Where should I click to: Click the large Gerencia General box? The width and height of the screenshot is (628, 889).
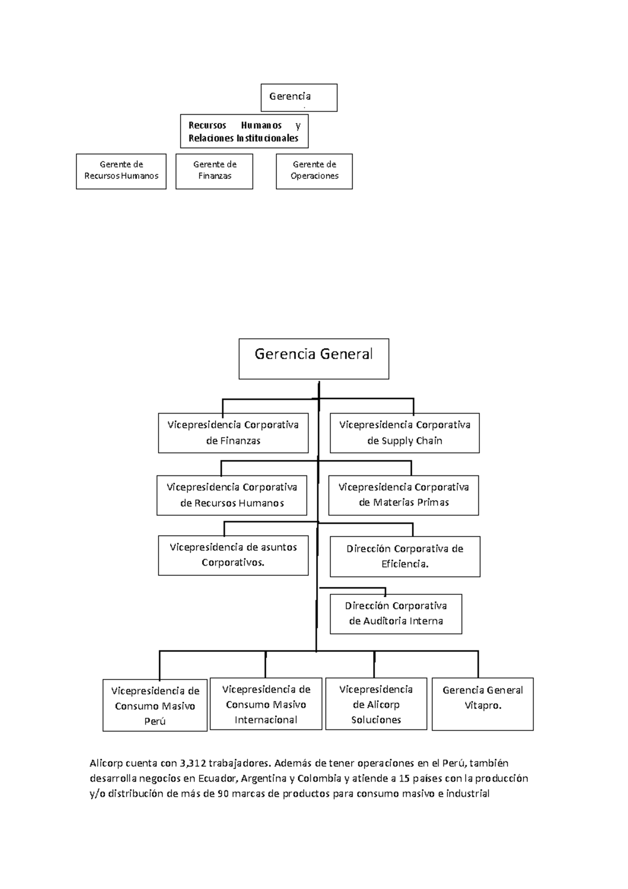pos(313,359)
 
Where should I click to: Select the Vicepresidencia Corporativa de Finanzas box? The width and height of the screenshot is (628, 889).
pos(233,433)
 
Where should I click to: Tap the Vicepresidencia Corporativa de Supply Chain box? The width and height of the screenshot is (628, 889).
pos(405,433)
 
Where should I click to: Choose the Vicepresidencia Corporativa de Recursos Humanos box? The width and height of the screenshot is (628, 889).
pos(232,495)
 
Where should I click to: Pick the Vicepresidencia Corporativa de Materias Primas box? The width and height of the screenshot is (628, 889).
pos(403,495)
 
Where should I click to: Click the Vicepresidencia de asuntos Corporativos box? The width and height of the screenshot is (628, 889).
pos(233,555)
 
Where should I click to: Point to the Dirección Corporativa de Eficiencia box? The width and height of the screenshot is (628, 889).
pos(405,557)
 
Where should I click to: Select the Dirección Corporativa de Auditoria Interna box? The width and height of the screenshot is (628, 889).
pos(396,614)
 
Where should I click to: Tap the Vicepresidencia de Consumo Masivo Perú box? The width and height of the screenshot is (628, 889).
pos(155,705)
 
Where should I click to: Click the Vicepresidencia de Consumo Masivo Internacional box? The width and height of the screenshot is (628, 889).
pos(266,704)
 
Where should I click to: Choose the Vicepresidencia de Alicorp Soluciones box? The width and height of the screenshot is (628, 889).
pos(376,704)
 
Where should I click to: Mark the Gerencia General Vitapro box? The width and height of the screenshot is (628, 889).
pos(483,704)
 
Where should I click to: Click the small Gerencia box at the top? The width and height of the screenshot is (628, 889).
pos(299,97)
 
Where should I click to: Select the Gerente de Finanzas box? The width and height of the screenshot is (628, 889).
pos(214,171)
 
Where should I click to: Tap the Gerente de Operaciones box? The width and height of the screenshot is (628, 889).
pos(314,171)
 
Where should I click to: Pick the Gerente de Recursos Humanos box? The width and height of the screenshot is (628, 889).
pos(121,171)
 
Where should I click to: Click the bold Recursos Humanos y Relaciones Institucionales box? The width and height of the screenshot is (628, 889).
pos(244,131)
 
